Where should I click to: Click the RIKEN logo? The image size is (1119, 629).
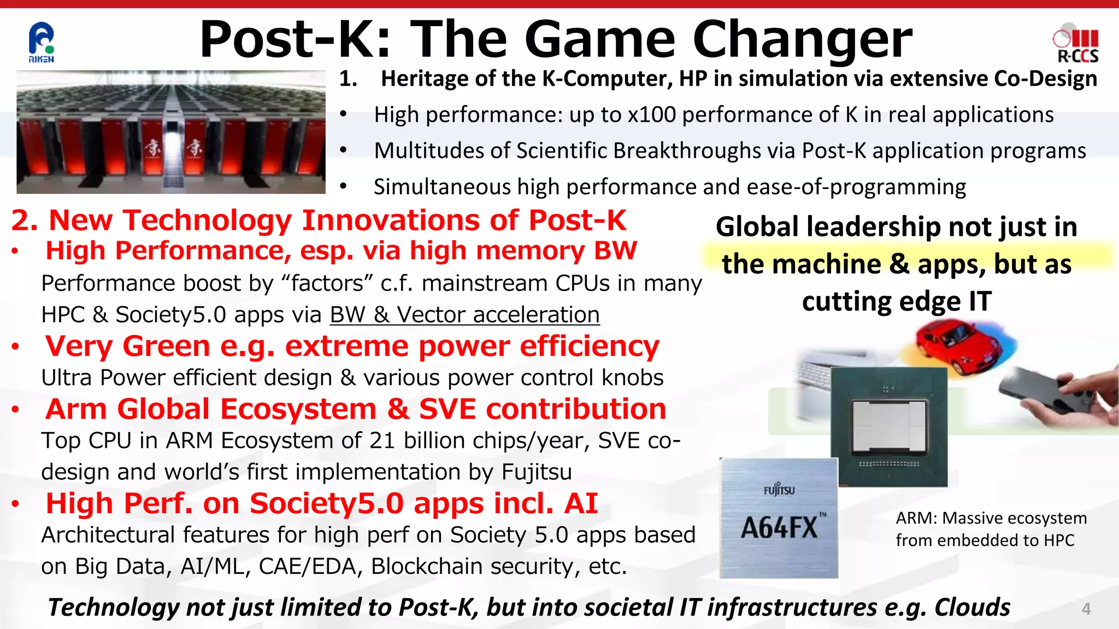42,43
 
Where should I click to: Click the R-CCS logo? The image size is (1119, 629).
1076,46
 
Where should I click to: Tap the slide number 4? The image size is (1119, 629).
1086,609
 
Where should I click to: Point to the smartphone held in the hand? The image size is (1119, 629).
1038,390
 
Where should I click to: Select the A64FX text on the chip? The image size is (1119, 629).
779,528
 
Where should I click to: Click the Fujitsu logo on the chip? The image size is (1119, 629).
779,489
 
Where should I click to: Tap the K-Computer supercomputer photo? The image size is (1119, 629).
171,132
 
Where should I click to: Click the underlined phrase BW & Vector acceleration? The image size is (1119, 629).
464,315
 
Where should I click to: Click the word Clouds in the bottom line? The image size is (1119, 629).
972,608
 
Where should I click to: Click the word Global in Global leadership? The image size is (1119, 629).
757,227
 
